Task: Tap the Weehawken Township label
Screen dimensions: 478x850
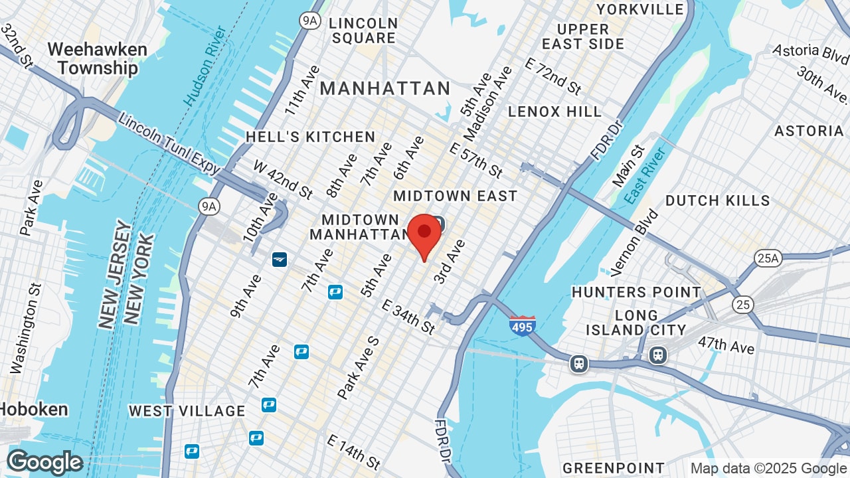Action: [97, 58]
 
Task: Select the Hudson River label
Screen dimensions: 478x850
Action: [205, 66]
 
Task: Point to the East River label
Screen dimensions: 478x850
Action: [645, 176]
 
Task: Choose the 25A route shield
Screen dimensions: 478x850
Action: [768, 258]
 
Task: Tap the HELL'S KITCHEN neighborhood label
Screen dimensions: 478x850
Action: [310, 137]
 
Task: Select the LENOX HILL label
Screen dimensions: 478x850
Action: [554, 112]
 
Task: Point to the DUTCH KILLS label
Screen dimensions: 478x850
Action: [717, 200]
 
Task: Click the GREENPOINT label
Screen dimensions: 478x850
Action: [613, 468]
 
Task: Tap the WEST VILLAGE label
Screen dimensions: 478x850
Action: [187, 411]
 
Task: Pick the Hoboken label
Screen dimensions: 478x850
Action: [33, 409]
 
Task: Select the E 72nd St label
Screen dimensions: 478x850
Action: [553, 75]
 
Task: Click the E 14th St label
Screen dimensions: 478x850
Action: [354, 452]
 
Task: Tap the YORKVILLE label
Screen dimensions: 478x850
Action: [640, 9]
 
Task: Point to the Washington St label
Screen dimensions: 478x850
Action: [26, 328]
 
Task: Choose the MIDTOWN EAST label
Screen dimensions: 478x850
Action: [455, 196]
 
